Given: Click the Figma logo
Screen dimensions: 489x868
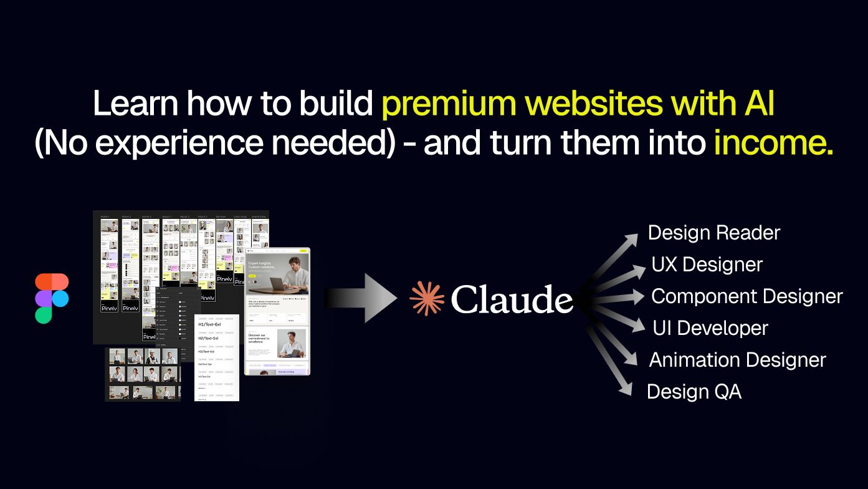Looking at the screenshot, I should point(52,298).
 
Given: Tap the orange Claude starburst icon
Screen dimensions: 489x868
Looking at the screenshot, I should point(426,298).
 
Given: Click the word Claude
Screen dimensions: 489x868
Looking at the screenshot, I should point(512,299).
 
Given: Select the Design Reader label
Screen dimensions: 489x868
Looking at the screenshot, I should point(713,233).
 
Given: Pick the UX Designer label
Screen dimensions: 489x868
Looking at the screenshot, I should point(707,264).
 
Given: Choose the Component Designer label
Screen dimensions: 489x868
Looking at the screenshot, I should point(746,296).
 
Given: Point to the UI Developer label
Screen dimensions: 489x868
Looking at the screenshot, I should point(710,328).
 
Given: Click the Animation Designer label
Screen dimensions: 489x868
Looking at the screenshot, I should point(737,360).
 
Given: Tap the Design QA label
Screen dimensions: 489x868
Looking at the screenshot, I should point(694,392).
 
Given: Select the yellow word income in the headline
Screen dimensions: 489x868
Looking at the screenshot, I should point(773,143).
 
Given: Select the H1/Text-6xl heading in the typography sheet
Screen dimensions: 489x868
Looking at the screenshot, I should point(209,324).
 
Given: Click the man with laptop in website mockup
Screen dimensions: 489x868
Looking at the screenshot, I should point(290,274).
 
